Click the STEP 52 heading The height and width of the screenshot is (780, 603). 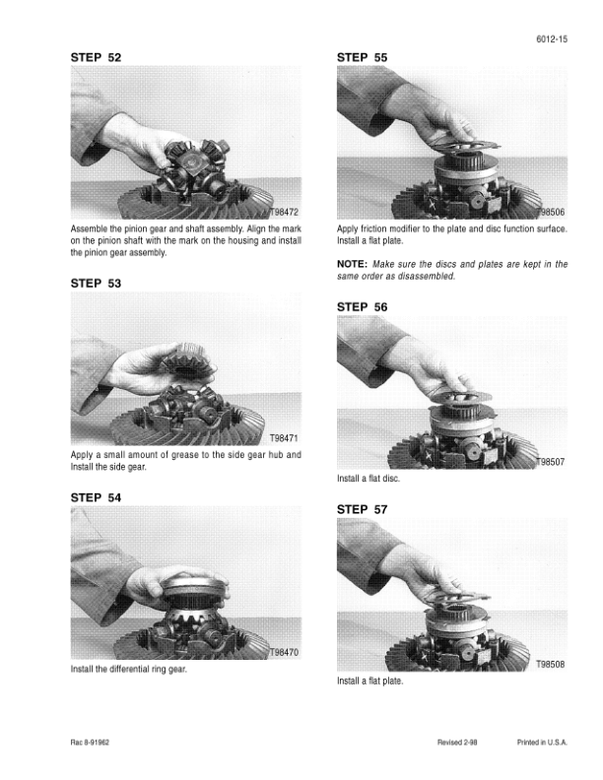[96, 57]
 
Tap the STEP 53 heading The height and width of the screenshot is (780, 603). [96, 283]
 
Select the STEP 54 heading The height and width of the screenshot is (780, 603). [96, 497]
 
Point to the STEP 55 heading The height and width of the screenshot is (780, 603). [362, 57]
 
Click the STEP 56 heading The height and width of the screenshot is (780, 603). [362, 307]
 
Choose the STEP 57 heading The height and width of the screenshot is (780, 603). [362, 509]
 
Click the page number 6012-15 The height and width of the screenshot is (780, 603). [552, 38]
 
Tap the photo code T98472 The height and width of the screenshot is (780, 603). [284, 213]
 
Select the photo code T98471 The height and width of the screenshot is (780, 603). [284, 438]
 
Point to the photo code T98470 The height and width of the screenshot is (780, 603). [284, 653]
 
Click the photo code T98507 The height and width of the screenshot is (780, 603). [550, 462]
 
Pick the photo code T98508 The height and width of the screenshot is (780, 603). [550, 664]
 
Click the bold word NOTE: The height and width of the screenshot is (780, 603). [353, 264]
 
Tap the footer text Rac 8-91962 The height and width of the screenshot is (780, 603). [90, 743]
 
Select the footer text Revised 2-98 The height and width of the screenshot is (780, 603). [457, 743]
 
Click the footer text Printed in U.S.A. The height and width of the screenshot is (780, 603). [542, 743]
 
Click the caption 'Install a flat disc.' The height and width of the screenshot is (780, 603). [368, 479]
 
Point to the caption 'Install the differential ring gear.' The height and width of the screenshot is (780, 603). [129, 669]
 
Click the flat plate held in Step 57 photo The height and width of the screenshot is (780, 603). [458, 596]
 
